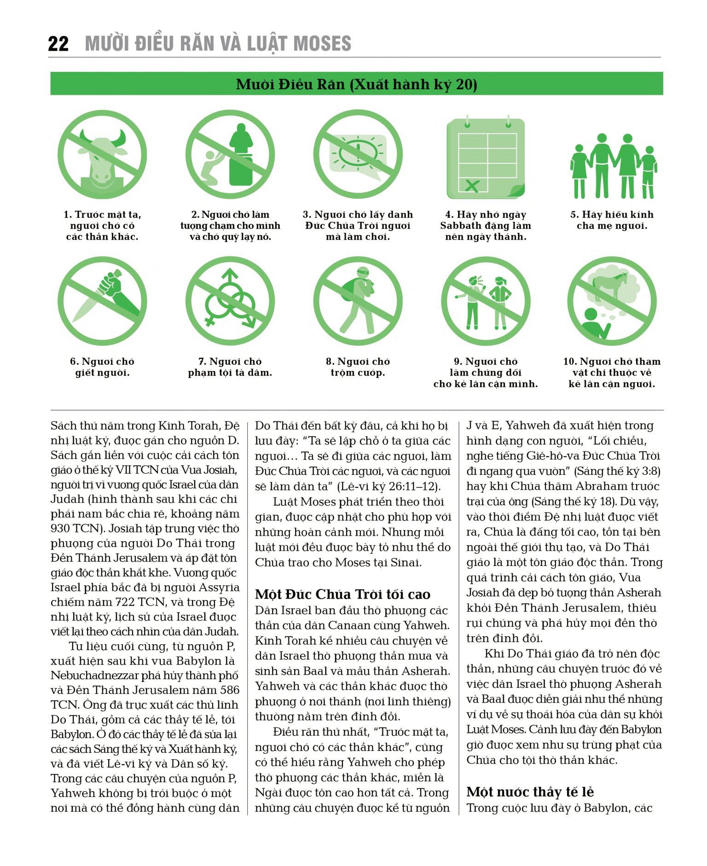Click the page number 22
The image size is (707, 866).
click(x=58, y=44)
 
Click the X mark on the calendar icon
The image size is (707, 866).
click(x=472, y=185)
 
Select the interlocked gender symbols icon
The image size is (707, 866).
click(x=230, y=300)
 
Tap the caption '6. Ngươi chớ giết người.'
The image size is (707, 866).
click(x=102, y=367)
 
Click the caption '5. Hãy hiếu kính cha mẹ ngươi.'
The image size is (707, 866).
click(x=612, y=220)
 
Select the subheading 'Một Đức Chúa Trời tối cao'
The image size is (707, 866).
click(x=342, y=594)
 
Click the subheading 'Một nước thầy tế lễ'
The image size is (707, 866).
click(x=530, y=792)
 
